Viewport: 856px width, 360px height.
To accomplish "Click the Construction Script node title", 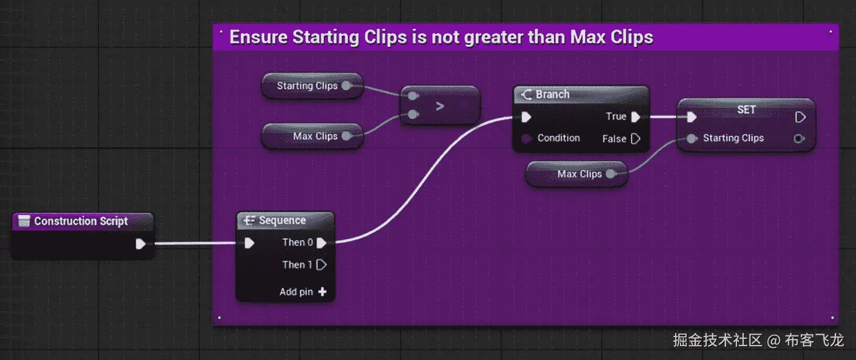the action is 80,221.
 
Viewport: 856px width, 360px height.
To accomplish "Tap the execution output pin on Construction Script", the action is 141,244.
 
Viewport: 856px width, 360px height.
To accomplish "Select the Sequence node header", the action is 282,220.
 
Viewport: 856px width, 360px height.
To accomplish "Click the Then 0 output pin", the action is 322,243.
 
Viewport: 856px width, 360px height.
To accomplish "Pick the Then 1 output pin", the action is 322,265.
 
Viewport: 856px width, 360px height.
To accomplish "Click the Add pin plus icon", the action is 323,291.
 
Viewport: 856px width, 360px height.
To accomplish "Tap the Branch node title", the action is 552,94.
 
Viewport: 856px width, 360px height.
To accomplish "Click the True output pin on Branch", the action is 636,117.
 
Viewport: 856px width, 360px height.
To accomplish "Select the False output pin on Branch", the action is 636,139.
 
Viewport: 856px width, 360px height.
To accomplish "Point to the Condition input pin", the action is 527,138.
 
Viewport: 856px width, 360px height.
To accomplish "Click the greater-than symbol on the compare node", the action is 440,106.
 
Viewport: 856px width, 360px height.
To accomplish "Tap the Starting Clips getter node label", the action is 307,85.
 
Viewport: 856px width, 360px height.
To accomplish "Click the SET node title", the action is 746,109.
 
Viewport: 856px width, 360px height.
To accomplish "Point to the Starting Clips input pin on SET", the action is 691,138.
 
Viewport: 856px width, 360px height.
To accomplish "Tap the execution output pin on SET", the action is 800,117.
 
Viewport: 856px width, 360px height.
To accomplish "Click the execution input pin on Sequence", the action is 249,243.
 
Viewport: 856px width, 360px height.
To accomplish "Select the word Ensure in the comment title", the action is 258,37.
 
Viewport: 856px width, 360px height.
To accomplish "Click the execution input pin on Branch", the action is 527,117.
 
